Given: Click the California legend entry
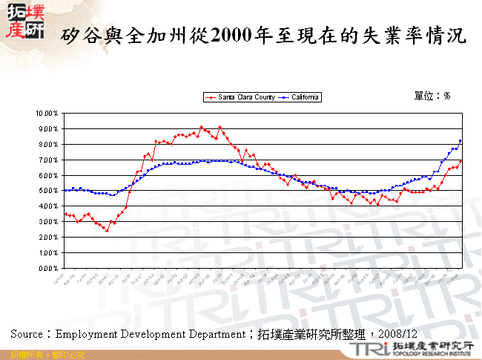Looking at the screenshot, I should pos(300,97).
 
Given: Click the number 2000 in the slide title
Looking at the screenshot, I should pos(231,35).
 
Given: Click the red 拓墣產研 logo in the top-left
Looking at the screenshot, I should pos(24,23).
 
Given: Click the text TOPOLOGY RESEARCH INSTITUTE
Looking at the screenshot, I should pos(431,355).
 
